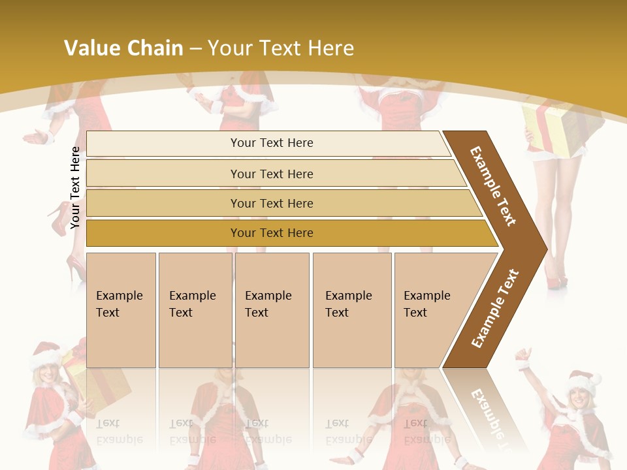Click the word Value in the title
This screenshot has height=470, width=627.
tap(91, 48)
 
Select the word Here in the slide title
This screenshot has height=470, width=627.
tap(330, 48)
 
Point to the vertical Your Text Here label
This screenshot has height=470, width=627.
tap(75, 187)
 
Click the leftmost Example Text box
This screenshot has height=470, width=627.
tap(121, 310)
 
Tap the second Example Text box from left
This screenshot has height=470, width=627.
tap(195, 310)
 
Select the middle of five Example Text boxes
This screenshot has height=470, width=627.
tap(272, 310)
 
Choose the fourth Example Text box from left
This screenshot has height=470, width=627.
tap(352, 310)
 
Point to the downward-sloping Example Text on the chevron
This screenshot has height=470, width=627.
tap(493, 186)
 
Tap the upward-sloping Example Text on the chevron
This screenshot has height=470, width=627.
tap(494, 308)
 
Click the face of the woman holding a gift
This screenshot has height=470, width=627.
tap(47, 375)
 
